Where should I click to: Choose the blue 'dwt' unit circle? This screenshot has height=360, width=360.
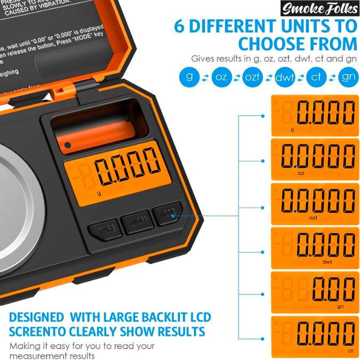[x=285, y=77]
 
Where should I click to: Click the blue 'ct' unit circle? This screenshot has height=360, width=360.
[x=316, y=77]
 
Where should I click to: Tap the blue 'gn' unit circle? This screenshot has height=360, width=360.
[x=348, y=77]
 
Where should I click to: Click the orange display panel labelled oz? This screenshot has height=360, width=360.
[x=314, y=158]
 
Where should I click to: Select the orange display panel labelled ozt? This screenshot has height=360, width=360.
[x=314, y=203]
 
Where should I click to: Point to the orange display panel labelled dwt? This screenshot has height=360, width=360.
[x=314, y=247]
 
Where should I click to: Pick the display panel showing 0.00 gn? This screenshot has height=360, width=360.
[x=314, y=292]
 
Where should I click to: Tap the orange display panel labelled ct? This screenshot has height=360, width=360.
[x=314, y=337]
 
